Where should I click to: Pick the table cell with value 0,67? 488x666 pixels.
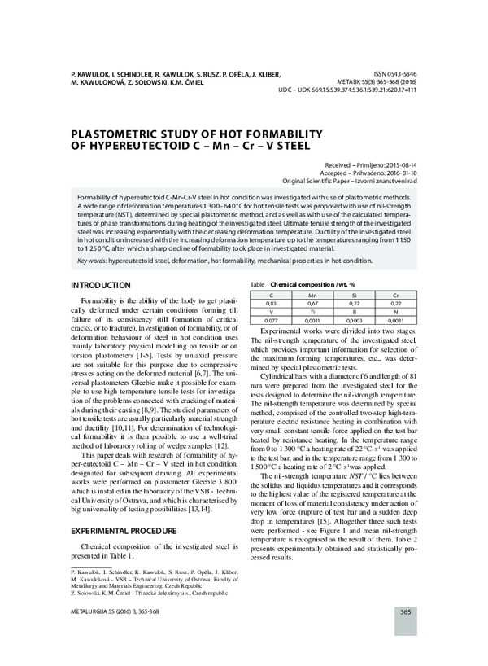(x=312, y=302)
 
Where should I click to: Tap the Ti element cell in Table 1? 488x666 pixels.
(x=312, y=312)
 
